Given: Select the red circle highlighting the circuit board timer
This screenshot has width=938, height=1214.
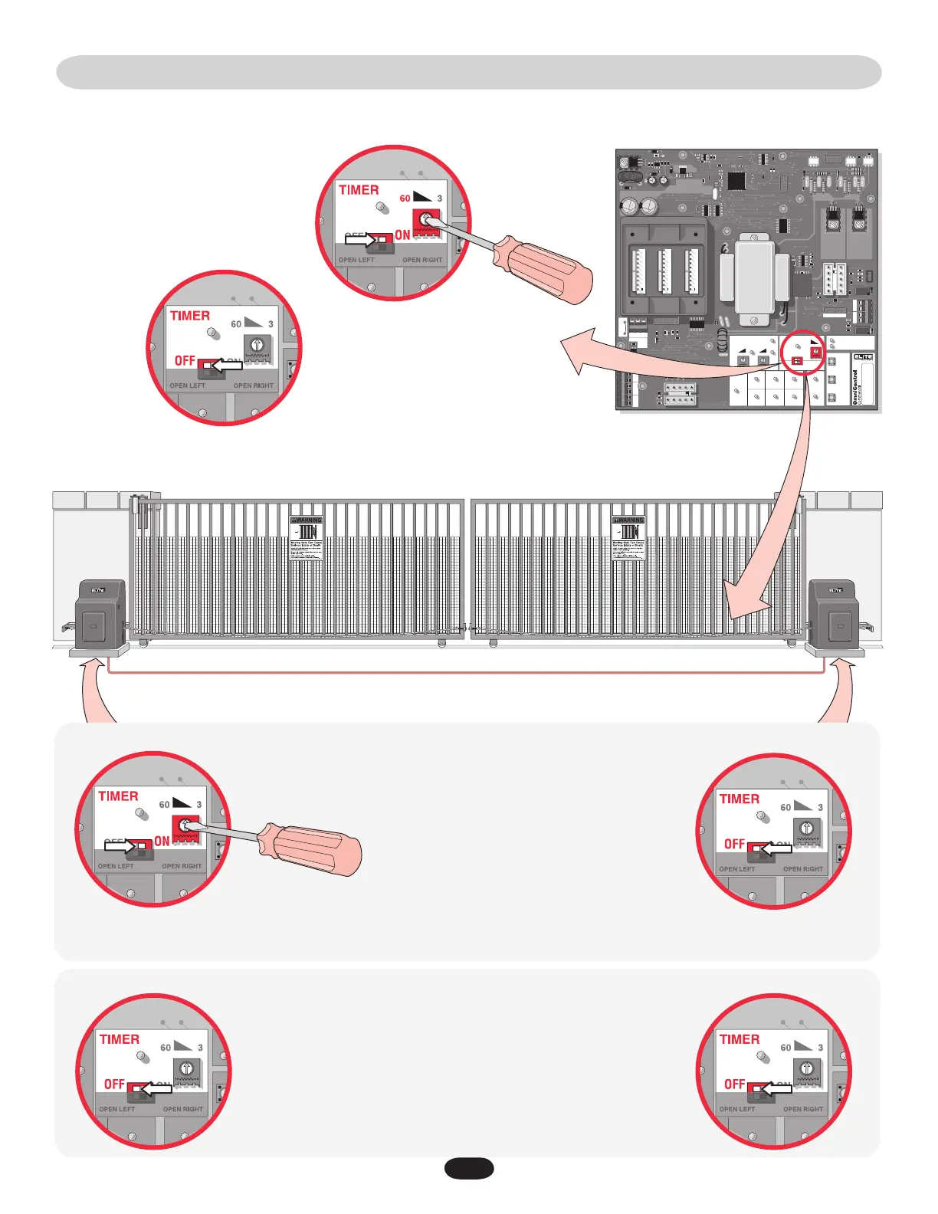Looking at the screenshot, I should (805, 353).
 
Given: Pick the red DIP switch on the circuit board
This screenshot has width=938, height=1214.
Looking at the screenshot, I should (797, 360).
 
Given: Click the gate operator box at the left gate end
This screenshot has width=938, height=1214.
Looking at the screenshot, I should (100, 614).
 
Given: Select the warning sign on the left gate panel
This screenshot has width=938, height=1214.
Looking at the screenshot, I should (307, 538).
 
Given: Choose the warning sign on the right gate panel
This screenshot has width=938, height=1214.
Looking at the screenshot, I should (629, 538).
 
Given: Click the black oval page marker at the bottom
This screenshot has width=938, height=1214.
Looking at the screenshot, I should (469, 1168).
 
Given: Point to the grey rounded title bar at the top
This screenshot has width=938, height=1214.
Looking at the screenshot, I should (469, 72).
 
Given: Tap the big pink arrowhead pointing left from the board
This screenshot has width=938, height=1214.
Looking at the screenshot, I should (579, 352).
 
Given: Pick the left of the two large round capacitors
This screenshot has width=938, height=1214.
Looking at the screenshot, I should (629, 206).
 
